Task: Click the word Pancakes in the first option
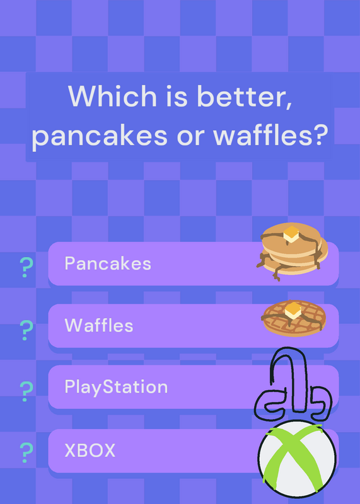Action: click(108, 263)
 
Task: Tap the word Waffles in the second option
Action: click(99, 325)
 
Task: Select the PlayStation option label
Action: click(116, 387)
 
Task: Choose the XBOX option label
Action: click(90, 450)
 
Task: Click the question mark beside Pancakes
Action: click(26, 267)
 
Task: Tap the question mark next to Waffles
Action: click(26, 330)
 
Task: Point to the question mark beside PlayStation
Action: click(26, 391)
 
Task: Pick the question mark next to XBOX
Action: click(26, 452)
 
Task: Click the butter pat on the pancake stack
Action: click(291, 234)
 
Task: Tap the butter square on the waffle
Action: click(293, 310)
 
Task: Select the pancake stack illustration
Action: click(292, 251)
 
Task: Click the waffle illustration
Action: click(294, 318)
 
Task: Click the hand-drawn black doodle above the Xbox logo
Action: click(292, 384)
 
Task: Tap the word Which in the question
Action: click(113, 96)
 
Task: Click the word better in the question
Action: click(244, 96)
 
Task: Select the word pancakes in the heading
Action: click(100, 135)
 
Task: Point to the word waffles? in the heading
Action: click(270, 134)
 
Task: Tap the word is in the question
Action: click(177, 96)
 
